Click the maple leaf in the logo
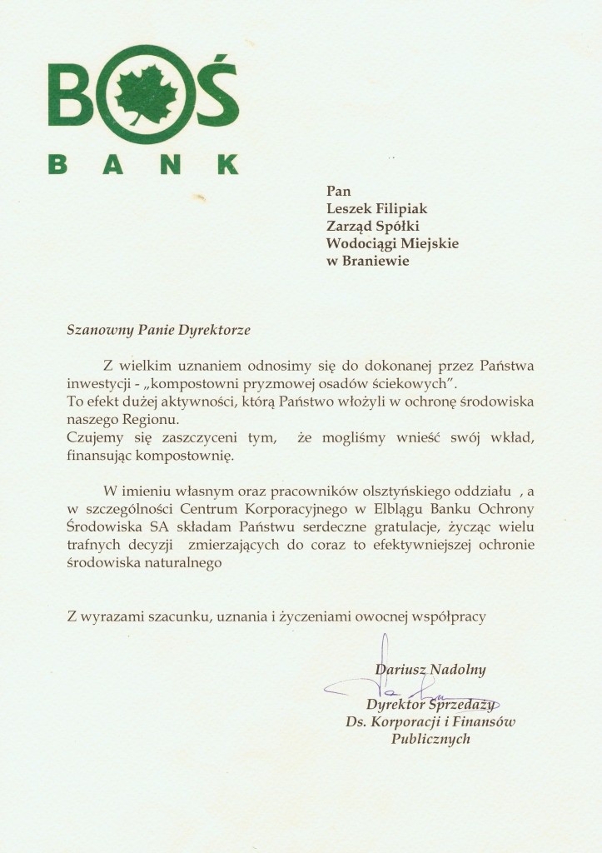click(146, 95)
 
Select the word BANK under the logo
click(143, 162)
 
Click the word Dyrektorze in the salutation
click(214, 329)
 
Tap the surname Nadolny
click(457, 669)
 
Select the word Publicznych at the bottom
click(430, 739)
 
